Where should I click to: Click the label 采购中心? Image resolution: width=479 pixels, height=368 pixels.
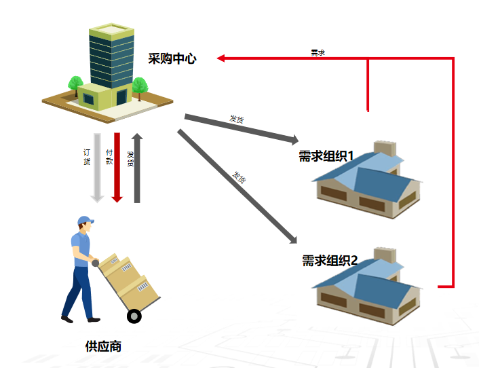click(x=172, y=59)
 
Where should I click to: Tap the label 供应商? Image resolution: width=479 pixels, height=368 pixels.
click(x=104, y=346)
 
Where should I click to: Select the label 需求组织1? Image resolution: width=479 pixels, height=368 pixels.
click(x=327, y=156)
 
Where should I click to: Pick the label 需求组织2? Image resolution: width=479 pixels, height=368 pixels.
click(x=330, y=260)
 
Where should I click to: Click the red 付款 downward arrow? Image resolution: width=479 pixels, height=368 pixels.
click(x=117, y=167)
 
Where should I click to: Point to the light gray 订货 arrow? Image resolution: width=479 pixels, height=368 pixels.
click(x=97, y=167)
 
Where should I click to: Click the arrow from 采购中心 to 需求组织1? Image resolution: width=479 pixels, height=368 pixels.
click(x=241, y=128)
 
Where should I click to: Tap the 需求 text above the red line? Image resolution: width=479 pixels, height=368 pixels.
click(x=318, y=52)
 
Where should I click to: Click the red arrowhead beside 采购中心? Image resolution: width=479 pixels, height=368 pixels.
click(x=222, y=59)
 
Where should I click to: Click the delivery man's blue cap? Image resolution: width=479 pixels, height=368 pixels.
click(x=85, y=221)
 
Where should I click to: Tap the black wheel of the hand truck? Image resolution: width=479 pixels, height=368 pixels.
click(x=134, y=316)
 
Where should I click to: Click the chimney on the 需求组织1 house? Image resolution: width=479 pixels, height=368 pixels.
click(x=385, y=149)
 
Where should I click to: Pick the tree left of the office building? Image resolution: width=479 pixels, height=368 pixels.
click(x=75, y=85)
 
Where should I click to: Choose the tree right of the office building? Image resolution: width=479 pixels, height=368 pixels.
click(x=140, y=86)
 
